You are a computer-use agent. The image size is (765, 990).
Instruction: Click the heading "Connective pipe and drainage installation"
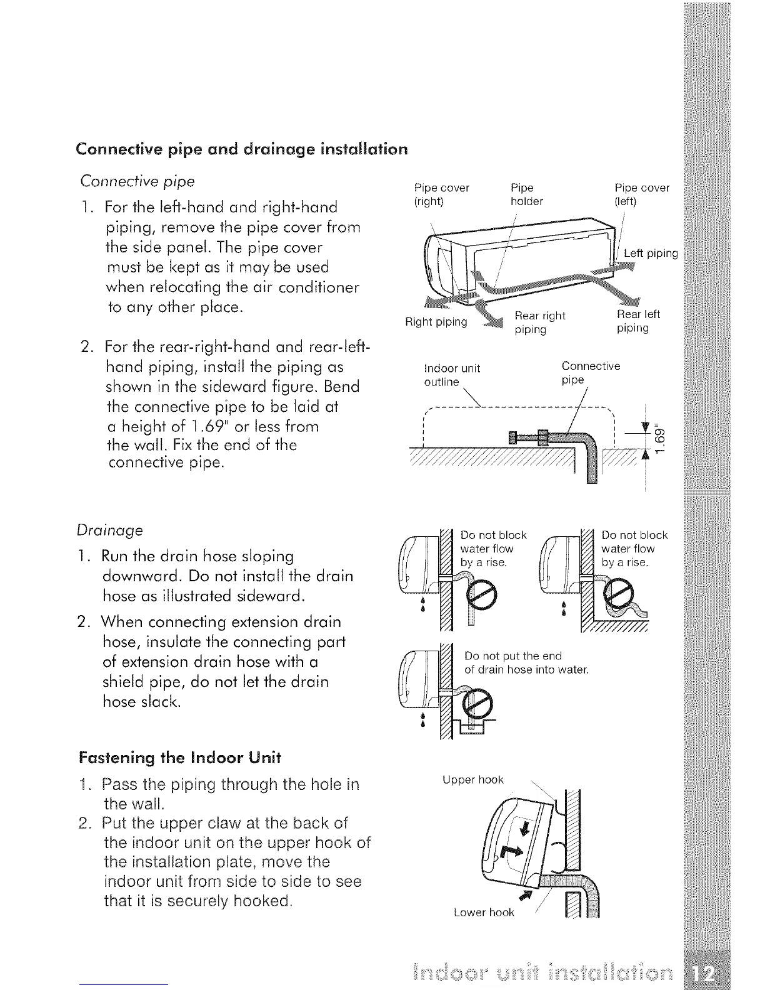[241, 149]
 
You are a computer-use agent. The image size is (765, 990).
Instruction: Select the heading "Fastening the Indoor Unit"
[180, 757]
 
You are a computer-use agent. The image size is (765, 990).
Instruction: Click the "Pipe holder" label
[526, 194]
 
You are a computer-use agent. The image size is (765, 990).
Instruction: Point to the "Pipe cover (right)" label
[441, 194]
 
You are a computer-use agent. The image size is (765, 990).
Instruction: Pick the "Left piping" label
[651, 253]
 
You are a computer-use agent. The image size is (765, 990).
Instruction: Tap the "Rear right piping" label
[539, 322]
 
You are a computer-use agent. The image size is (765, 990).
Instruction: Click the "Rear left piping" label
[637, 321]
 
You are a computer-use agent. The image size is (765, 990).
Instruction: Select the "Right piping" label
[436, 322]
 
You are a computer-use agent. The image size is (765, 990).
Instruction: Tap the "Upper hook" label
[472, 779]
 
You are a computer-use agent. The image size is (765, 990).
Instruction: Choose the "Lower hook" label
[484, 912]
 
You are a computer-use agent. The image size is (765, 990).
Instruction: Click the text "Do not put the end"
[513, 656]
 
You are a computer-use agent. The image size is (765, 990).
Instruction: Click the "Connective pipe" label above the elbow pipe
[590, 372]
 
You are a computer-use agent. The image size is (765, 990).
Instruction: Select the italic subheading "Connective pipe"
[137, 181]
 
